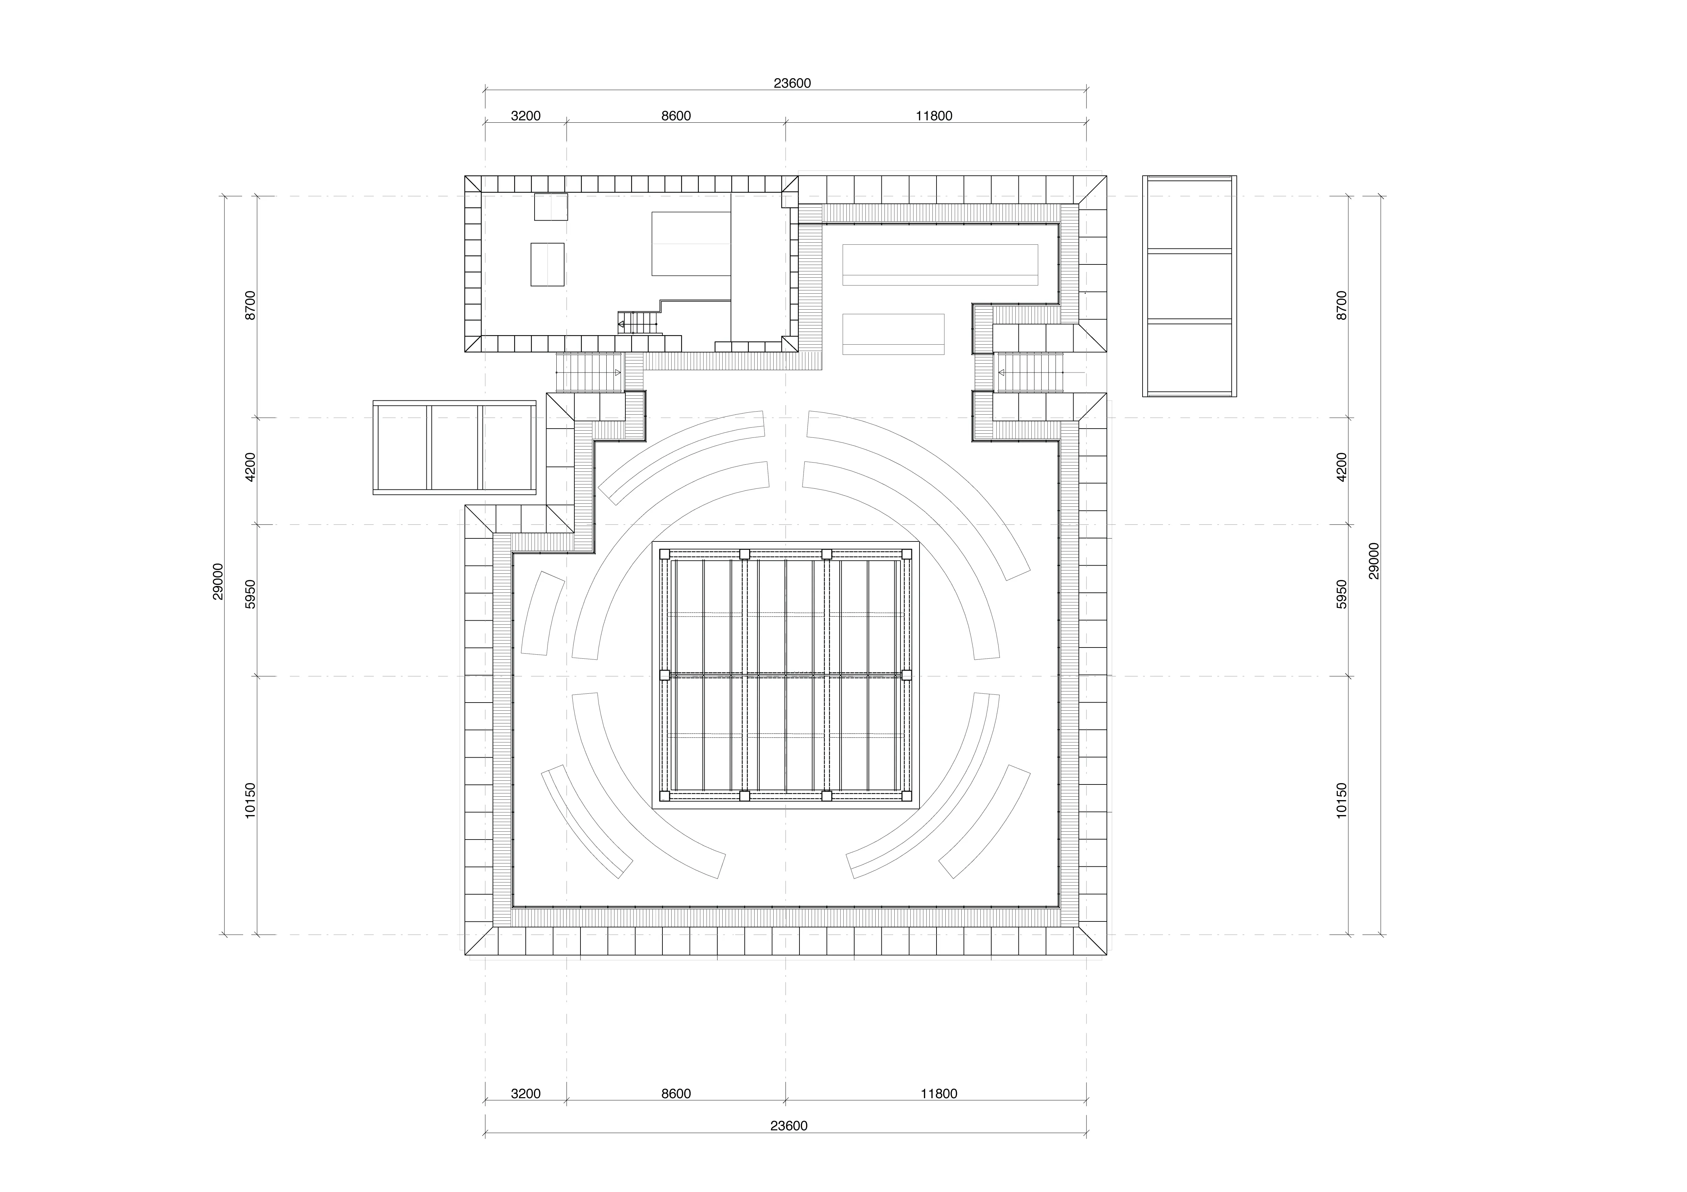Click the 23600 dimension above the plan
pos(792,84)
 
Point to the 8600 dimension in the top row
pos(676,116)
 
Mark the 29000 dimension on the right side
pos(1374,561)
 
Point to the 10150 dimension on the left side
pos(251,800)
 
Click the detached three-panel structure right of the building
pos(1190,287)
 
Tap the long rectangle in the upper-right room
pos(940,264)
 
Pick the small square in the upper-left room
pos(551,206)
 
